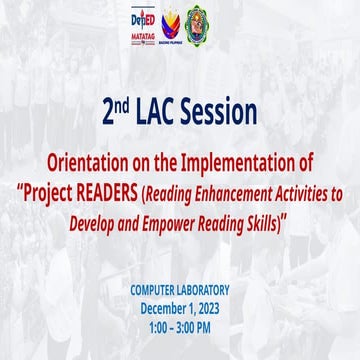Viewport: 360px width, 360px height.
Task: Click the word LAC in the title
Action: coord(169,108)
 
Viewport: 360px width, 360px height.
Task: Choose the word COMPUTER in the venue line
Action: coord(152,289)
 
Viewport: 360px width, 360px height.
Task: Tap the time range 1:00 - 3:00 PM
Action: coord(180,327)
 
